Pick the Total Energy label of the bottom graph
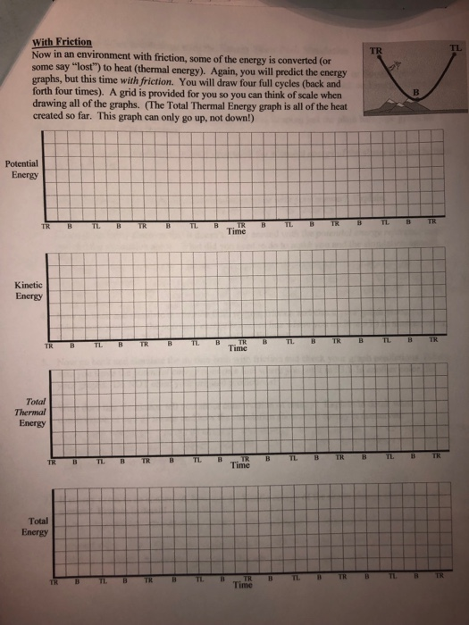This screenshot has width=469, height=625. pyautogui.click(x=38, y=526)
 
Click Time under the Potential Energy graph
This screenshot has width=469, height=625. pyautogui.click(x=237, y=231)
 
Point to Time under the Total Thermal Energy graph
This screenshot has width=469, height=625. pyautogui.click(x=239, y=465)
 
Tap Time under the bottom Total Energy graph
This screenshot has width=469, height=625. pyautogui.click(x=240, y=586)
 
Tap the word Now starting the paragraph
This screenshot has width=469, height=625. pyautogui.click(x=41, y=53)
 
